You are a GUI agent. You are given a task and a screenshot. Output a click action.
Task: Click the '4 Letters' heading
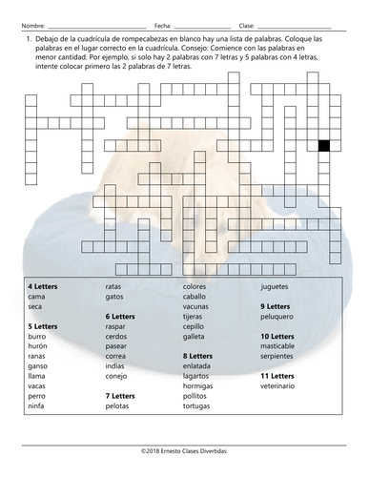(42, 285)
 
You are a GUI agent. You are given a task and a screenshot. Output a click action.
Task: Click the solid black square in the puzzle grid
(323, 146)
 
